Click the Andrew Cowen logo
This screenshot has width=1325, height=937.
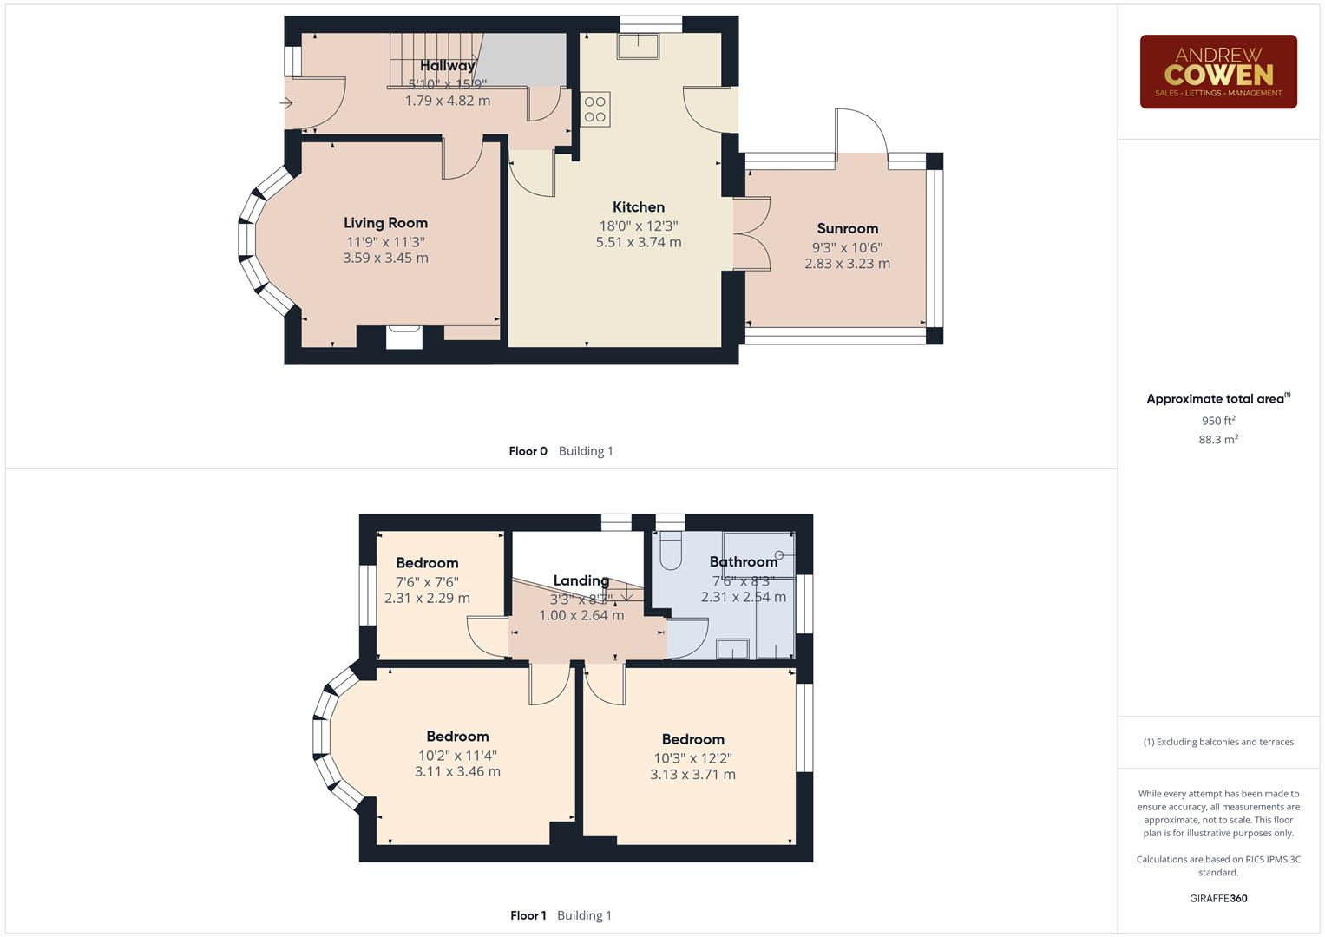[1217, 72]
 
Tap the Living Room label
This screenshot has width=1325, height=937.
[385, 223]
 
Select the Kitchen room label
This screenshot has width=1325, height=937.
[638, 206]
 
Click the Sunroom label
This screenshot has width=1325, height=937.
[847, 228]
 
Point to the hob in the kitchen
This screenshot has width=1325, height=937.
[595, 109]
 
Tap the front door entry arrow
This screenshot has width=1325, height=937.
[286, 103]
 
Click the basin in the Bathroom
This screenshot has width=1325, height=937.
[732, 648]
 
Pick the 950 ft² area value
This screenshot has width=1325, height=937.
[1217, 421]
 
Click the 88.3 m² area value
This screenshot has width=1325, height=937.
[1217, 440]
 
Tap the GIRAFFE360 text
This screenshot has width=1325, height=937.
[1217, 898]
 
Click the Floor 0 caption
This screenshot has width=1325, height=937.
[528, 451]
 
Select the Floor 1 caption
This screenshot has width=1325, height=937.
[528, 915]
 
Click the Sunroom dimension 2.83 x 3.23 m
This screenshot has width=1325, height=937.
[847, 264]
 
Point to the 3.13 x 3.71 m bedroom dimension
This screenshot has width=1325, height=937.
[692, 775]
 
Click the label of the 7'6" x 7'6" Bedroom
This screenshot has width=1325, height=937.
[427, 563]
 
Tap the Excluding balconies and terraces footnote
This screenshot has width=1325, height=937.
[1217, 742]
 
